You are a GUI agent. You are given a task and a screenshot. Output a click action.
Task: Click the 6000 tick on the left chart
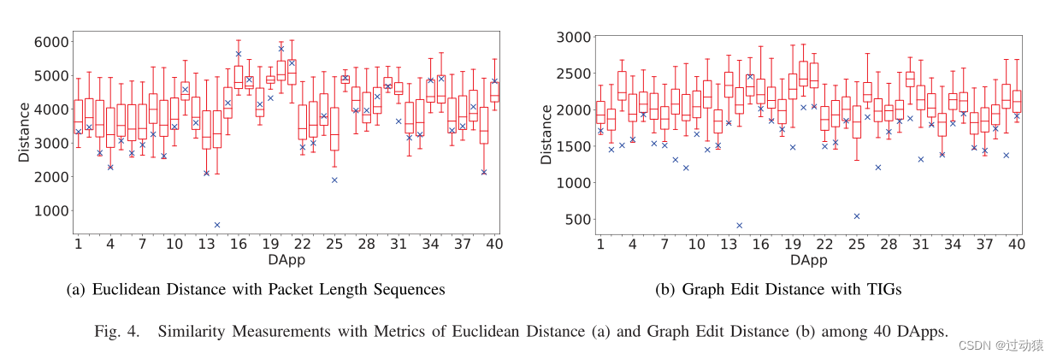pyautogui.click(x=51, y=42)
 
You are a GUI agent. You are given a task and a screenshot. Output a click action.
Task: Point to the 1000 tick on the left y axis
pyautogui.click(x=51, y=210)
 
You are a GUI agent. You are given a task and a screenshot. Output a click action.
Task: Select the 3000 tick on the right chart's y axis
pyautogui.click(x=573, y=37)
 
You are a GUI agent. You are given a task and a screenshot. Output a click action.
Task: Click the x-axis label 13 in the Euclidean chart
pyautogui.click(x=206, y=245)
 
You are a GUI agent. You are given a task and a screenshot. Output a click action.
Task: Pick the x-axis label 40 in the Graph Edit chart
pyautogui.click(x=1016, y=245)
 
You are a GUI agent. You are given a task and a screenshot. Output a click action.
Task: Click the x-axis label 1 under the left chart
pyautogui.click(x=78, y=245)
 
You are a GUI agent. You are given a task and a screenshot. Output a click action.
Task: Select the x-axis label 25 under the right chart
pyautogui.click(x=856, y=245)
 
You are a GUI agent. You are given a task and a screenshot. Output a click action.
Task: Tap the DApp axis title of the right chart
pyautogui.click(x=808, y=259)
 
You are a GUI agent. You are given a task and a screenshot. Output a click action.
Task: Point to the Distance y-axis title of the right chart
pyautogui.click(x=546, y=134)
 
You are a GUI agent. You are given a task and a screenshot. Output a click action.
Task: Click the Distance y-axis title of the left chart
pyautogui.click(x=25, y=134)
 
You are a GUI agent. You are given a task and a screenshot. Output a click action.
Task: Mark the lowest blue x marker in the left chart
pyautogui.click(x=217, y=225)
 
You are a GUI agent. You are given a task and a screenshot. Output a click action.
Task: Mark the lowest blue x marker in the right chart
pyautogui.click(x=739, y=226)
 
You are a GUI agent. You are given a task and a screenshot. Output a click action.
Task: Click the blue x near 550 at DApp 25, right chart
pyautogui.click(x=856, y=216)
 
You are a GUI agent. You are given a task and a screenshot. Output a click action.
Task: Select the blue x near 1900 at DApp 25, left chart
pyautogui.click(x=334, y=180)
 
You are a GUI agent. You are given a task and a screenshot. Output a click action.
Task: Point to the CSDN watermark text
pyautogui.click(x=974, y=345)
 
